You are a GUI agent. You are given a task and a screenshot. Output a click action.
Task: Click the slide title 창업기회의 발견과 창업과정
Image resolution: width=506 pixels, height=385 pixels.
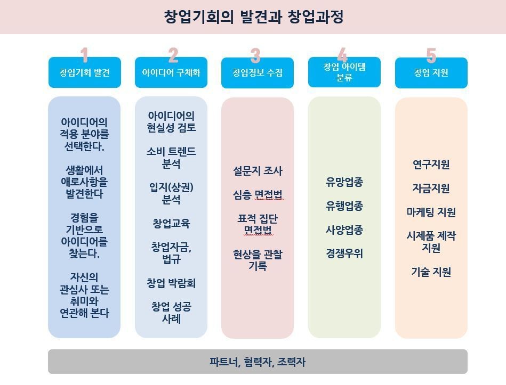click(x=254, y=17)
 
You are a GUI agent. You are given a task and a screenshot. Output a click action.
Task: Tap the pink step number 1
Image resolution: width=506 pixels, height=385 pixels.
click(x=85, y=55)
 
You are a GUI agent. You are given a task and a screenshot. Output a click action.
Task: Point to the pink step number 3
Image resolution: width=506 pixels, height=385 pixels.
click(x=255, y=55)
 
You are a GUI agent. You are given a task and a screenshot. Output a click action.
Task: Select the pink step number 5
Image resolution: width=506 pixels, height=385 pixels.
click(x=431, y=55)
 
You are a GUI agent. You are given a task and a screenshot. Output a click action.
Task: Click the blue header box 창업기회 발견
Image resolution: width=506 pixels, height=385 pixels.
click(x=85, y=72)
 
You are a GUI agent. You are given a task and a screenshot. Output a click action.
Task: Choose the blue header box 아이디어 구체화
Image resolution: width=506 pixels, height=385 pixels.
click(x=171, y=72)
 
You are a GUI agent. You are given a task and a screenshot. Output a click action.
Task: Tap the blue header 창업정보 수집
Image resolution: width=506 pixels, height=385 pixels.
click(x=258, y=72)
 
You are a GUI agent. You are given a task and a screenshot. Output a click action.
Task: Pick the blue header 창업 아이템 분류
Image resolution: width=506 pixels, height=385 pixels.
click(x=344, y=72)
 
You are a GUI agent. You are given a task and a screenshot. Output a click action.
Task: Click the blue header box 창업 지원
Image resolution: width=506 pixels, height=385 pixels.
click(x=431, y=72)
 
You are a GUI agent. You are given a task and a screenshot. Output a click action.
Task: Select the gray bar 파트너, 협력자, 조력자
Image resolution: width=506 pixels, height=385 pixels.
click(x=258, y=362)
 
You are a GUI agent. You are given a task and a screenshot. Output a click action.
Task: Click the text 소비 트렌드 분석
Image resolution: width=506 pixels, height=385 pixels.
click(x=171, y=158)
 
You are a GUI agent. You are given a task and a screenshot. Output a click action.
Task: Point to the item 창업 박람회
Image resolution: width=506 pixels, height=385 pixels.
click(x=171, y=283)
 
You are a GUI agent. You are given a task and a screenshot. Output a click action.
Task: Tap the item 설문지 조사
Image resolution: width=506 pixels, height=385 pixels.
click(x=258, y=170)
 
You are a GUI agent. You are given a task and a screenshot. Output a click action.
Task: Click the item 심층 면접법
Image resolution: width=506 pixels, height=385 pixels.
click(x=258, y=194)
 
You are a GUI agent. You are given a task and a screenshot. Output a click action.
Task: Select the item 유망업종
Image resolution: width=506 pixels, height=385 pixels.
click(x=344, y=182)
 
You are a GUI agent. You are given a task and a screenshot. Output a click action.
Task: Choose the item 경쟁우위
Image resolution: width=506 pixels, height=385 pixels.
click(x=344, y=253)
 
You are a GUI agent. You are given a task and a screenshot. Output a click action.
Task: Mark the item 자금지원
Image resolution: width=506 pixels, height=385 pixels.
click(x=431, y=188)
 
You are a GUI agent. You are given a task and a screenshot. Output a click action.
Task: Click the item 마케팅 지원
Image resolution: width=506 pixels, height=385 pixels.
click(x=431, y=212)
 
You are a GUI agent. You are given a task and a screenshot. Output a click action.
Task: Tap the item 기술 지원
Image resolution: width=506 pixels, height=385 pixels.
click(x=431, y=272)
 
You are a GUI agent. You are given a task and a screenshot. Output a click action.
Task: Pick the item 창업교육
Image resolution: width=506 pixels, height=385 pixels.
click(x=171, y=223)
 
